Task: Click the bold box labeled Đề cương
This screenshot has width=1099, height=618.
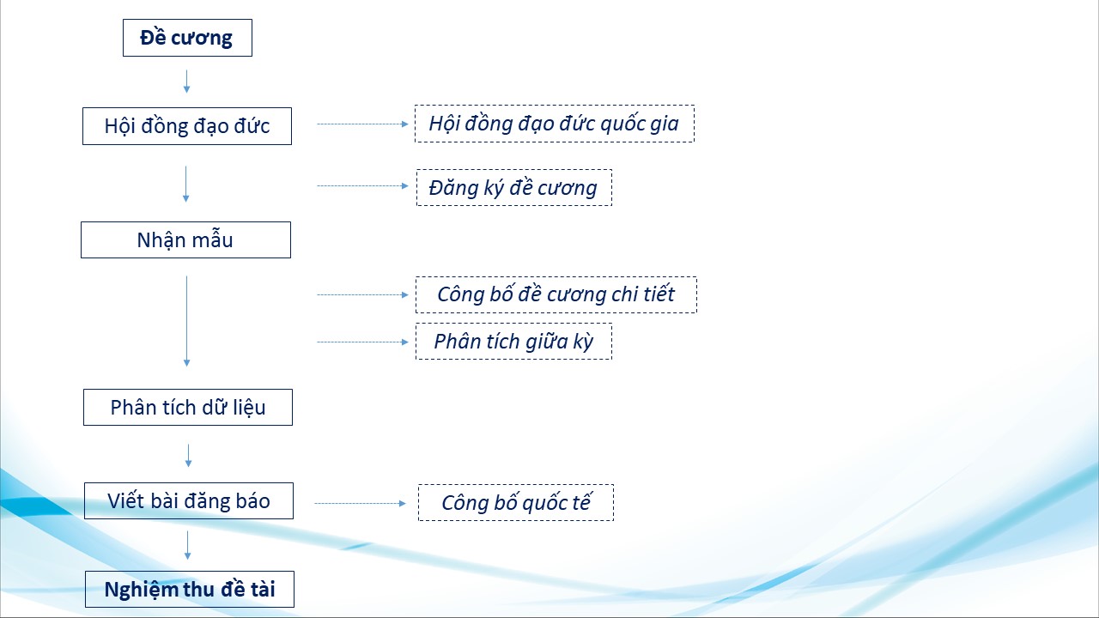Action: (x=187, y=38)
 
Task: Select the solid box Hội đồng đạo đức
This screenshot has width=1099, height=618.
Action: (x=187, y=126)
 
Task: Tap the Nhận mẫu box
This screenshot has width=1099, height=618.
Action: (x=186, y=239)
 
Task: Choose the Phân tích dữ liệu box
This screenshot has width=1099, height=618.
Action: (x=188, y=407)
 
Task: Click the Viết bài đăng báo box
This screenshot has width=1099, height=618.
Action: (x=189, y=500)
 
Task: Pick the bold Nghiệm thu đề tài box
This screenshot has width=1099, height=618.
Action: (x=190, y=589)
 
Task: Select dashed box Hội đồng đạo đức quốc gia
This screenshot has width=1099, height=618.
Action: (x=555, y=124)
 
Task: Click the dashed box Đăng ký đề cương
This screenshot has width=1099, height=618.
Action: (x=514, y=187)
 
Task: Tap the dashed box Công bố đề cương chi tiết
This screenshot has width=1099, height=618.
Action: (x=556, y=294)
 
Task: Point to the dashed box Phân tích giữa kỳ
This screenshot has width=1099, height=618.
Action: (x=513, y=342)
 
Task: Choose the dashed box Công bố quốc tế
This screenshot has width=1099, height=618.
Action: (x=516, y=503)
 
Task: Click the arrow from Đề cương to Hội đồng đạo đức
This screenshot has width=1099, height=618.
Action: (x=186, y=82)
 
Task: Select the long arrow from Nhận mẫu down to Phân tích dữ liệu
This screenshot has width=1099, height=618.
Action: (x=186, y=321)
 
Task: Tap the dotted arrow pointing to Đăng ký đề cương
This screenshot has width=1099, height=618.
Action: (x=362, y=186)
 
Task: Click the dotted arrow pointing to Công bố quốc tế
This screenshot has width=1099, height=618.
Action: (x=360, y=503)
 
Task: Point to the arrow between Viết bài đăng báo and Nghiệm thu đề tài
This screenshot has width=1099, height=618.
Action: (x=187, y=545)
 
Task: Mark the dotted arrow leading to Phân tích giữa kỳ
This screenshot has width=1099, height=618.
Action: (x=362, y=342)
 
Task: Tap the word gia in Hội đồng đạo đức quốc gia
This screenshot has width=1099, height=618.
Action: (x=665, y=124)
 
